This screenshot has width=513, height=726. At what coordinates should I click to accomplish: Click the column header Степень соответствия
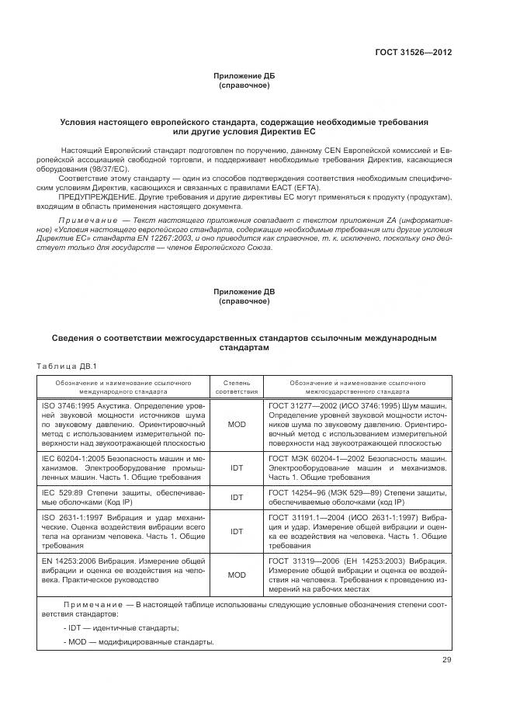[x=237, y=387]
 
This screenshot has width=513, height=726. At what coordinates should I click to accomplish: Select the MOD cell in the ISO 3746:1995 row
[x=237, y=425]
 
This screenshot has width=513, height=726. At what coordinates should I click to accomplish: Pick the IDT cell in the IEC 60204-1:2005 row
[x=237, y=469]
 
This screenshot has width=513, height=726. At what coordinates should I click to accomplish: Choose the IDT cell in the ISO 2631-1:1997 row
[x=237, y=532]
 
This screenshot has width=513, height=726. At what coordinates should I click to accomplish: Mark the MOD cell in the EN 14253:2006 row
[x=237, y=575]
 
